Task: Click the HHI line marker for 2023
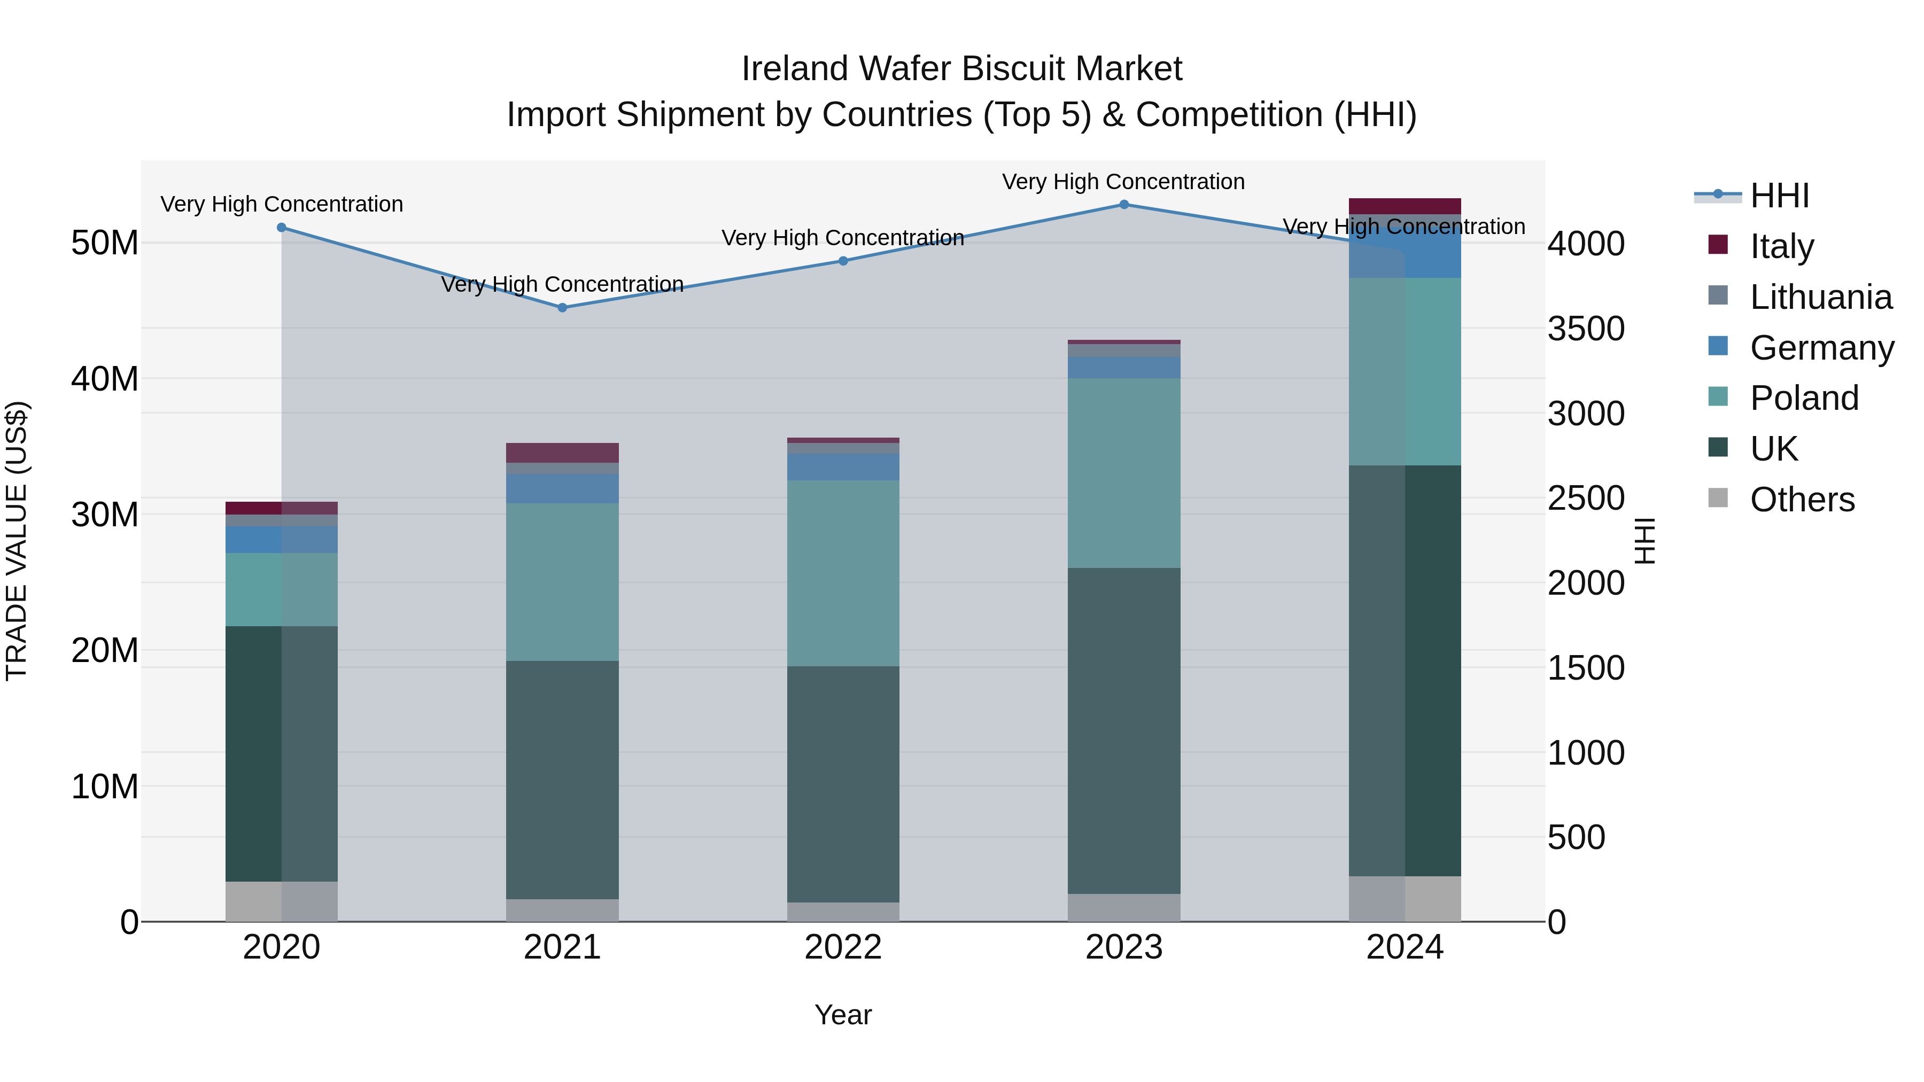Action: pyautogui.click(x=1123, y=205)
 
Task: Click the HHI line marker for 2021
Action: pyautogui.click(x=562, y=308)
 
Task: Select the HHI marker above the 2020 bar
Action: pyautogui.click(x=282, y=228)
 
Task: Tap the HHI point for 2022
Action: pyautogui.click(x=843, y=261)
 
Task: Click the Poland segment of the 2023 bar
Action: pyautogui.click(x=1123, y=473)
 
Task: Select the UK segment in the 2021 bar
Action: pyautogui.click(x=562, y=780)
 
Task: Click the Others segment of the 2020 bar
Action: pyautogui.click(x=282, y=901)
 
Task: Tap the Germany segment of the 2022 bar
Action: pyautogui.click(x=843, y=466)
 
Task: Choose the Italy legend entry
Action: pyautogui.click(x=1781, y=246)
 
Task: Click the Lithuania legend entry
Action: pyautogui.click(x=1820, y=297)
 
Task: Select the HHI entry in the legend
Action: pyautogui.click(x=1779, y=196)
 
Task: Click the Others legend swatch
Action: pyautogui.click(x=1718, y=498)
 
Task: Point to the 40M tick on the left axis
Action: pyautogui.click(x=105, y=379)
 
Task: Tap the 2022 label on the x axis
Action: pyautogui.click(x=843, y=947)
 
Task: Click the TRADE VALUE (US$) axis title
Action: pyautogui.click(x=17, y=541)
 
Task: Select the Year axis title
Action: pyautogui.click(x=843, y=1015)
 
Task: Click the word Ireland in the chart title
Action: pyautogui.click(x=795, y=69)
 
